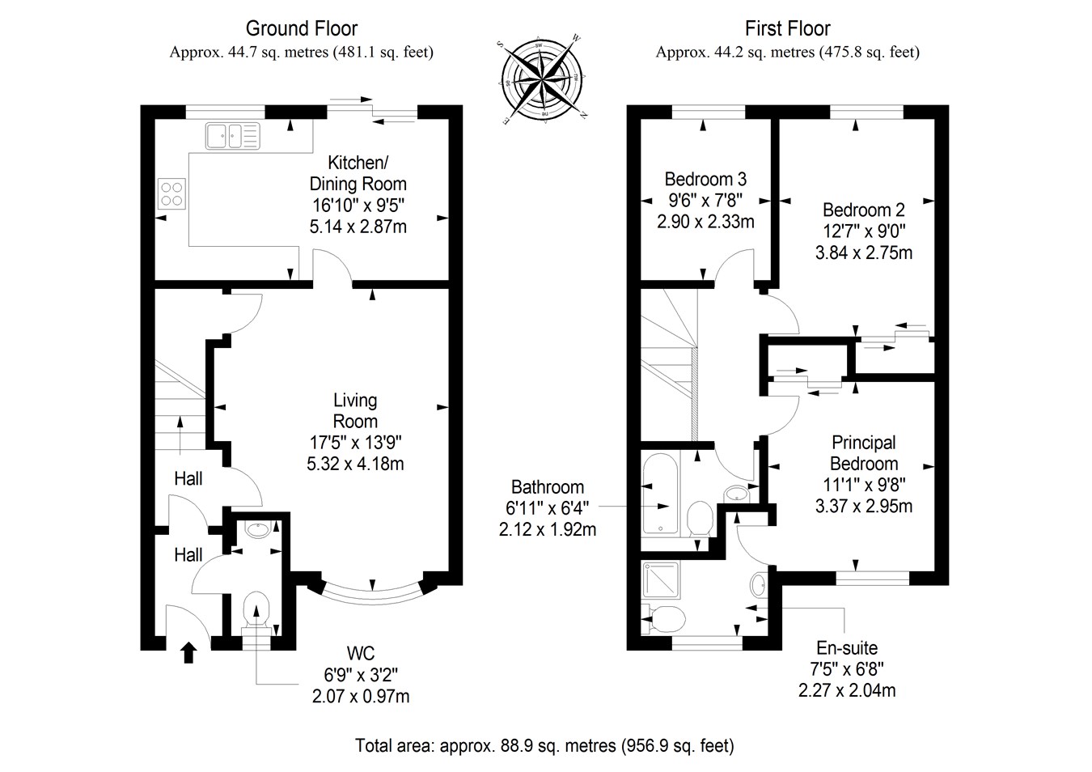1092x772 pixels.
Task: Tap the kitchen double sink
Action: tap(232, 136)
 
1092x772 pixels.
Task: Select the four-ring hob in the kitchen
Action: tap(171, 193)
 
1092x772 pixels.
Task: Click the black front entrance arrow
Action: tap(188, 652)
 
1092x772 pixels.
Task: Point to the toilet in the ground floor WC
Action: tap(256, 609)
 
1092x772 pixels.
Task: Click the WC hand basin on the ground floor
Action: tap(257, 531)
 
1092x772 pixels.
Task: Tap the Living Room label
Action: tap(355, 410)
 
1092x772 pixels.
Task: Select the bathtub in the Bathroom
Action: tap(662, 493)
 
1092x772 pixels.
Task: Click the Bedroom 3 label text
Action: tap(705, 179)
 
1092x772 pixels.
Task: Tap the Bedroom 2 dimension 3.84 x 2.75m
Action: tap(864, 252)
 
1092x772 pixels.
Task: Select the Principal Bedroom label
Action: tap(864, 453)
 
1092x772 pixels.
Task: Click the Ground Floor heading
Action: tap(301, 29)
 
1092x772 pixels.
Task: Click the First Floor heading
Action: tap(787, 29)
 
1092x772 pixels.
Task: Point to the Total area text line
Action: tap(544, 745)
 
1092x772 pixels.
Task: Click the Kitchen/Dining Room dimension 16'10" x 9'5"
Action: tap(358, 206)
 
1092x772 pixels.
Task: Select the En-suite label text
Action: tap(847, 648)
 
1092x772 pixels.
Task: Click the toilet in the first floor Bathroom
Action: tap(699, 518)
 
